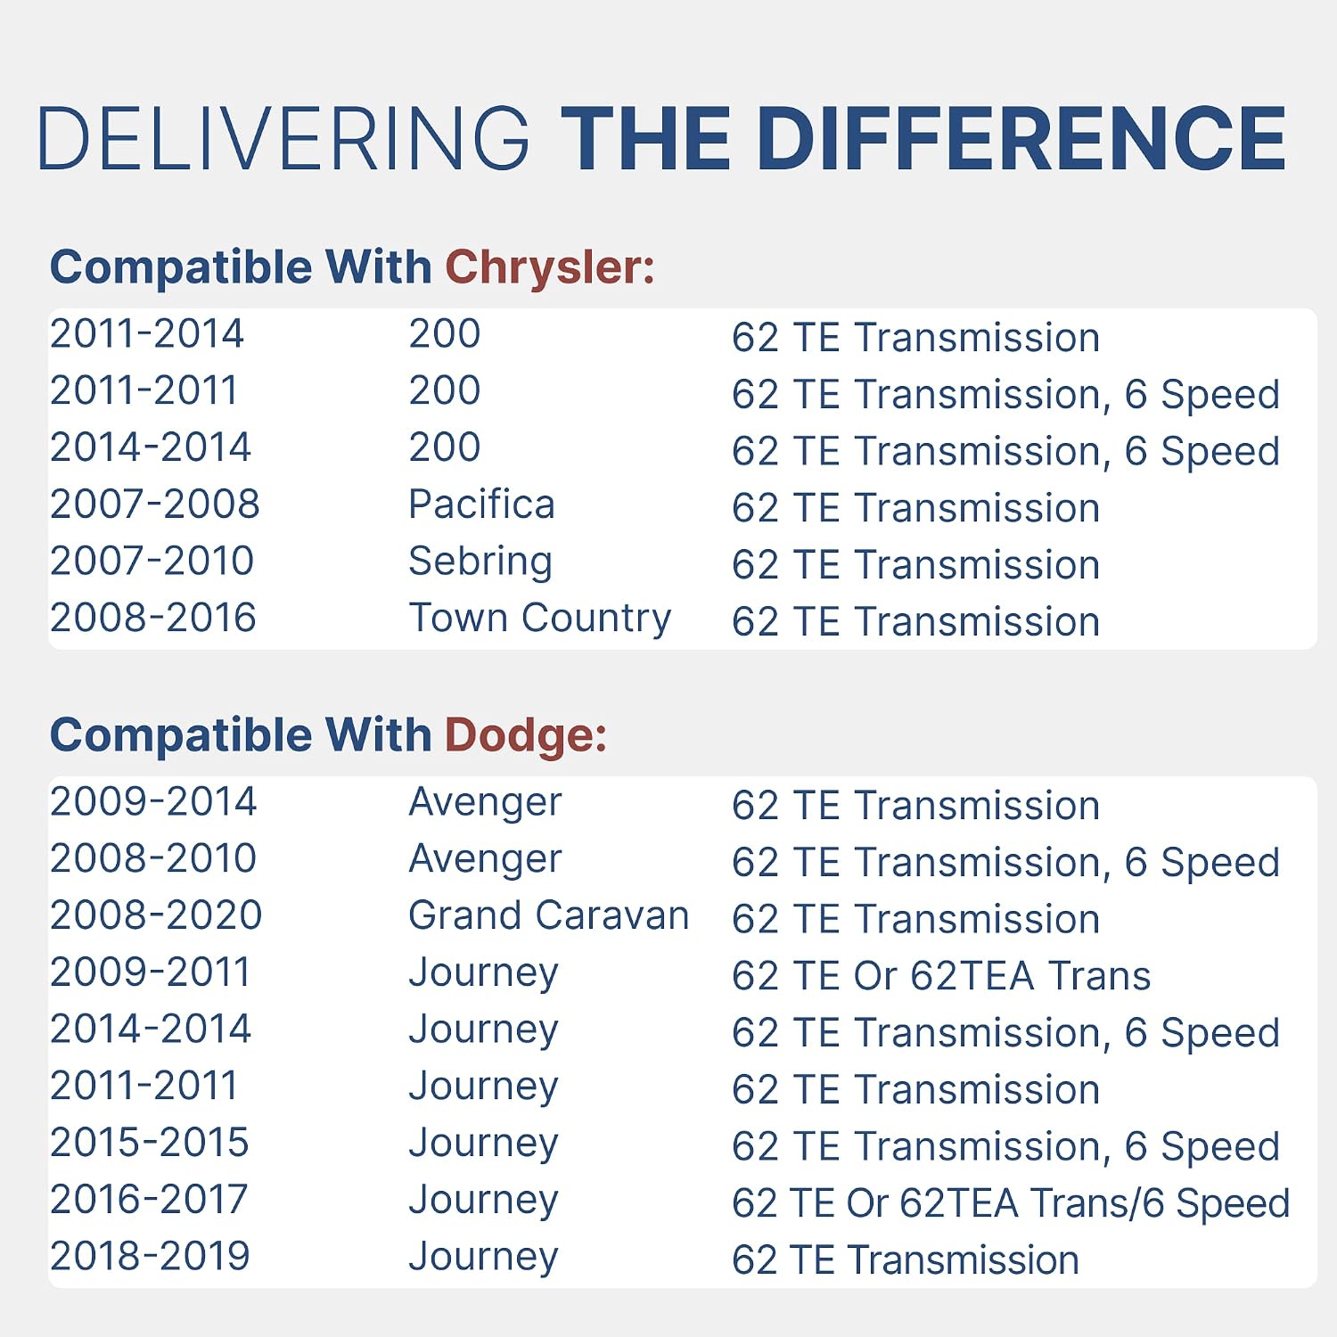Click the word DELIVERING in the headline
point(283,138)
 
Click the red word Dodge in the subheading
point(526,736)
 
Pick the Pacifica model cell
point(481,504)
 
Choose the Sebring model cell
point(480,562)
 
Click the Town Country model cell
point(539,619)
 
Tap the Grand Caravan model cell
point(549,915)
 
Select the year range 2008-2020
point(156,915)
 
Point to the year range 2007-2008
point(155,504)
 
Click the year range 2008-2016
point(153,618)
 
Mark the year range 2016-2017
point(149,1200)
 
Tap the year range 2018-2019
point(150,1256)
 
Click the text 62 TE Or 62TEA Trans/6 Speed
point(1011,1203)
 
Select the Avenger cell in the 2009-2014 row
point(485,802)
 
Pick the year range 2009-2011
point(150,972)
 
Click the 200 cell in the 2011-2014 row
point(445,334)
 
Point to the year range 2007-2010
point(152,562)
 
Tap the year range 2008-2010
point(153,858)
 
